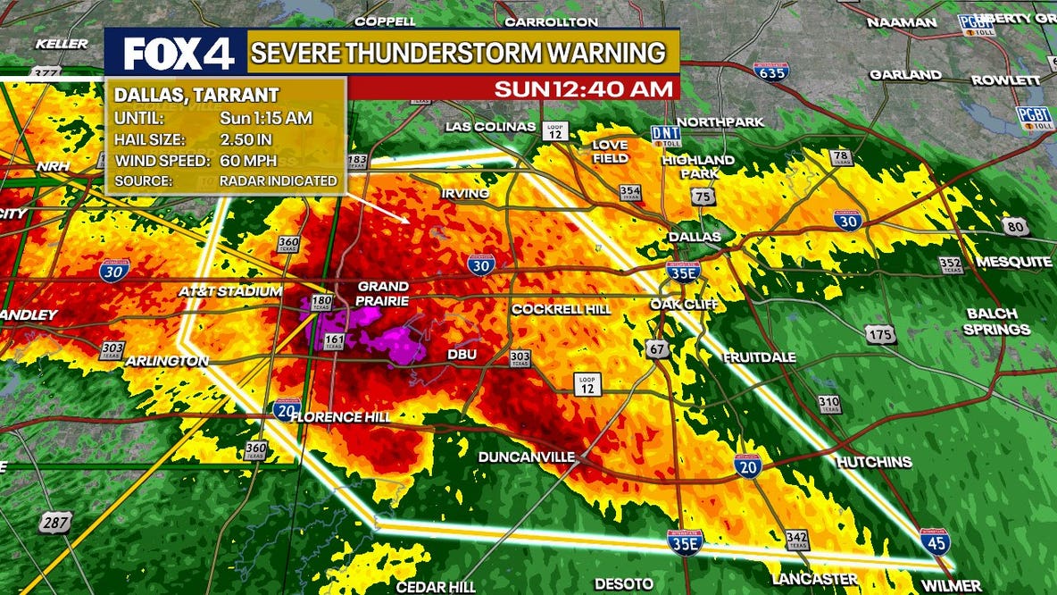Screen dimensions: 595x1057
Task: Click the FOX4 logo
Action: point(178,54)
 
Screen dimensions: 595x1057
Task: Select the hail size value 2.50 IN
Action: point(247,138)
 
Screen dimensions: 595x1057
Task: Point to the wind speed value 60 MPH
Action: point(247,160)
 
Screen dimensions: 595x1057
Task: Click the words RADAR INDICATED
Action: point(279,180)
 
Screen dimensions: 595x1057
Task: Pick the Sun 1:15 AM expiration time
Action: point(266,118)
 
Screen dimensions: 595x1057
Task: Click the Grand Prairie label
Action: point(382,294)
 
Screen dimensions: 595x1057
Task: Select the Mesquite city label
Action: point(1014,262)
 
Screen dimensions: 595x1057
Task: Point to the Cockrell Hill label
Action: point(561,309)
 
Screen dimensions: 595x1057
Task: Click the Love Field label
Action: point(610,151)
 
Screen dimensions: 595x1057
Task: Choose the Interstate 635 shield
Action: point(770,72)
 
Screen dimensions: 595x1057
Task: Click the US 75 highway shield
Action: point(707,196)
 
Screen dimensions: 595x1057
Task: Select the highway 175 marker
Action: point(879,334)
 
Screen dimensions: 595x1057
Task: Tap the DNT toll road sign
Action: point(666,135)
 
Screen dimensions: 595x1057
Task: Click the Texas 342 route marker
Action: point(797,540)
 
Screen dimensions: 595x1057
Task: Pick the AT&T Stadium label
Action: point(230,291)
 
